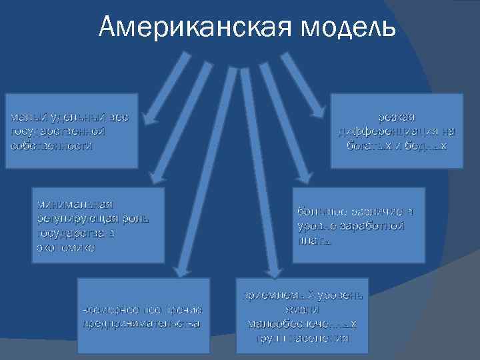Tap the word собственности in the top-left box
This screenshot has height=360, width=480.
52,145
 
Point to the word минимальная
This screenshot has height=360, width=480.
74,203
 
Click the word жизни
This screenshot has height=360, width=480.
302,310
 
